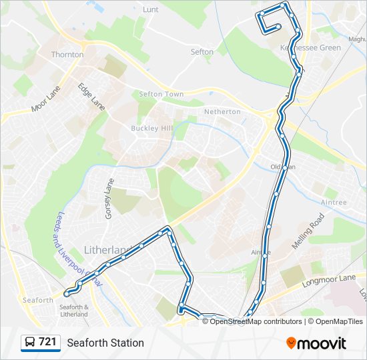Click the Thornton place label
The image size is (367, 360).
tap(67, 55)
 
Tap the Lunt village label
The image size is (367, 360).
tap(150, 10)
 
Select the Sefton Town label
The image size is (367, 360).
tap(161, 95)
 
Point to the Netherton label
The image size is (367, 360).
tap(222, 111)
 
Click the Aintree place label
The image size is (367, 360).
tap(334, 202)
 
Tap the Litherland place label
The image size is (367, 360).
tap(107, 250)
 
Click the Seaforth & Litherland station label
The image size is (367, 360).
tap(74, 310)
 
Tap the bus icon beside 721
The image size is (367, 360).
tap(30, 343)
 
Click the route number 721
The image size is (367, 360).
tap(47, 342)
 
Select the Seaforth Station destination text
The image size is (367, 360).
tap(105, 343)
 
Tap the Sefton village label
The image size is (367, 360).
tap(202, 52)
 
